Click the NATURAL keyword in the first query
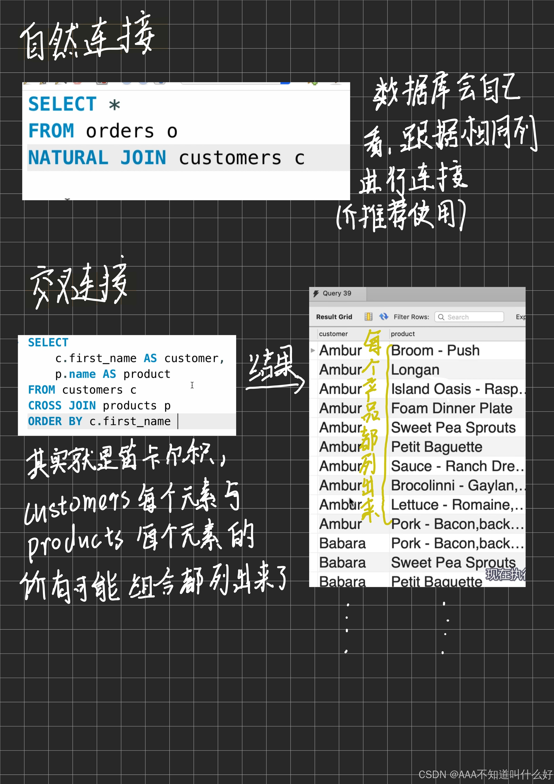click(x=68, y=158)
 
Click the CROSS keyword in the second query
click(x=45, y=406)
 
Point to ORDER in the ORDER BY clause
click(x=45, y=421)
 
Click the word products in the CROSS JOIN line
click(x=129, y=406)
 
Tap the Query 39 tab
click(x=336, y=293)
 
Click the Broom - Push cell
click(x=435, y=350)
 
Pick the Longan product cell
click(x=415, y=370)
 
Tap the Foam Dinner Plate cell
click(x=452, y=408)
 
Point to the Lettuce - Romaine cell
click(x=456, y=505)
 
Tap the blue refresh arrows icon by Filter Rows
click(x=384, y=317)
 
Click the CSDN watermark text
click(x=485, y=774)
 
